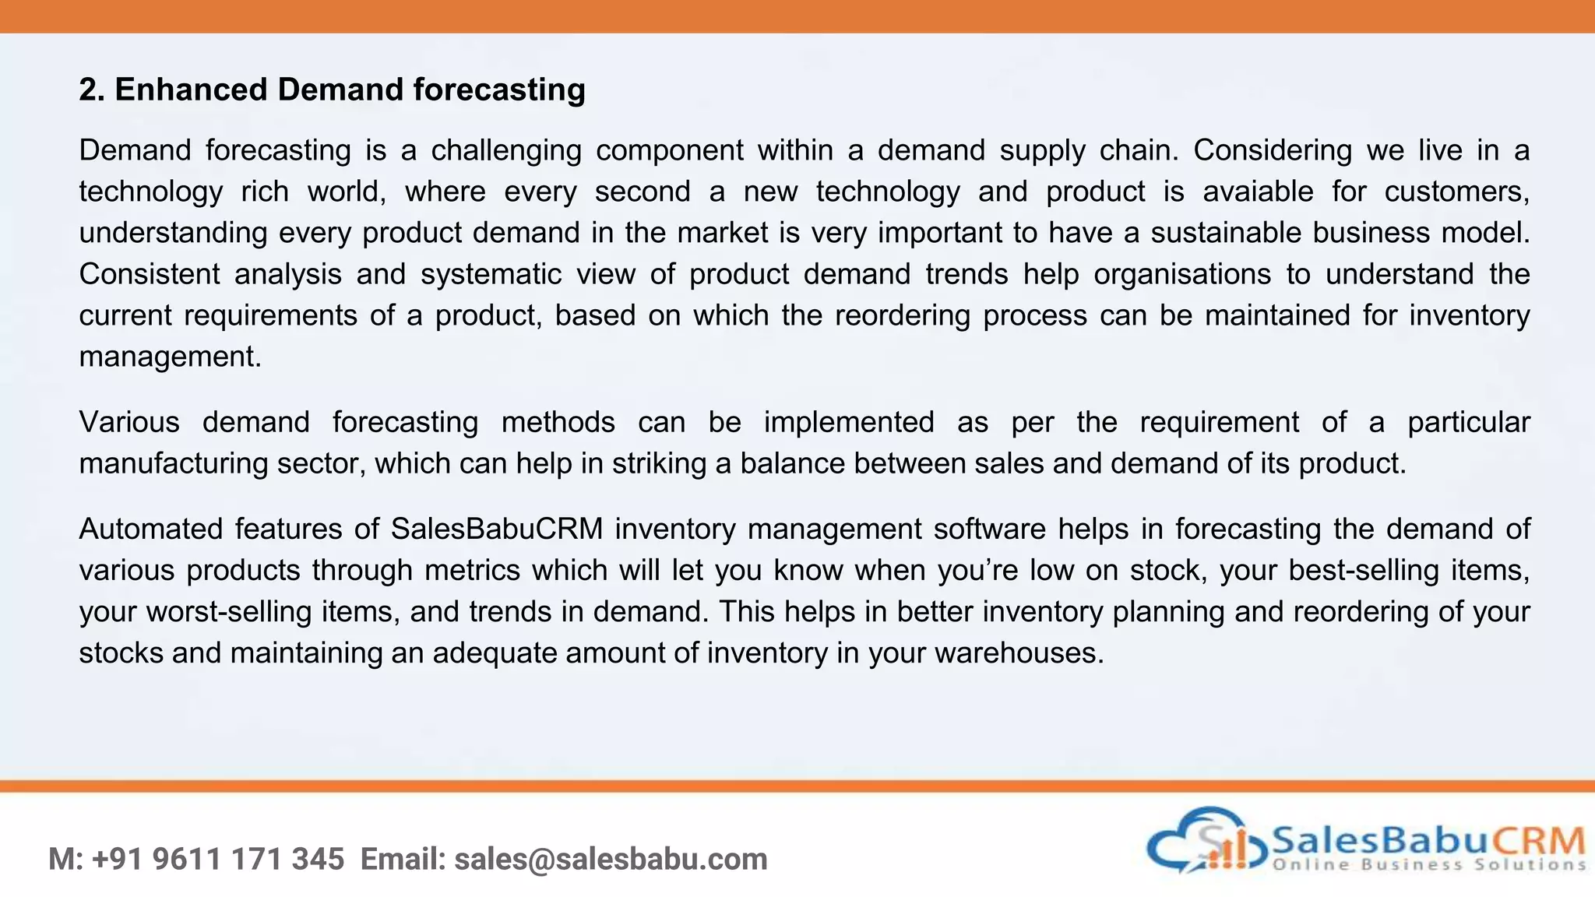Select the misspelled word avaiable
[1258, 192]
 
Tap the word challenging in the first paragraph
[506, 150]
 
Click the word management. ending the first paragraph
[170, 357]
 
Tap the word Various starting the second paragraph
[129, 422]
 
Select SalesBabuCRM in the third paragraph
[497, 529]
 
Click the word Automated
[151, 529]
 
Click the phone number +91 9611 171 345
[218, 860]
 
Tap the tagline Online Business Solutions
[1429, 864]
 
